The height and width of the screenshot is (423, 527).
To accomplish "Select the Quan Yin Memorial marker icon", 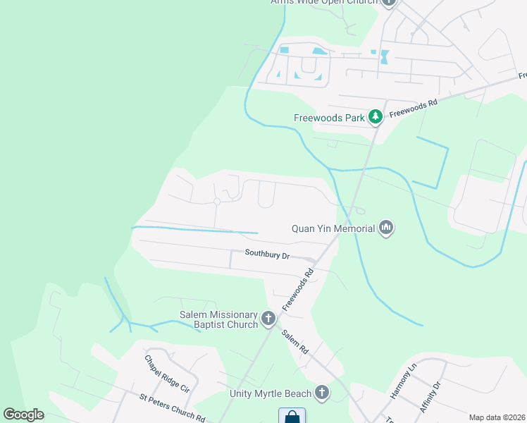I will pyautogui.click(x=385, y=228).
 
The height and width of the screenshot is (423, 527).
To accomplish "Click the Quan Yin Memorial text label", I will pyautogui.click(x=333, y=228).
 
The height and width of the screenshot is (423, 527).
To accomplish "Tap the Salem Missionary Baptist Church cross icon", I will pyautogui.click(x=268, y=319).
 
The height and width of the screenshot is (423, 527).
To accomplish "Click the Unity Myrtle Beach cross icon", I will pyautogui.click(x=322, y=393).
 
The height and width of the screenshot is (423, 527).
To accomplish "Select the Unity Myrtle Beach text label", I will pyautogui.click(x=271, y=393).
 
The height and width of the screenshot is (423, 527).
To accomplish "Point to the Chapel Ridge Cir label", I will pyautogui.click(x=167, y=373).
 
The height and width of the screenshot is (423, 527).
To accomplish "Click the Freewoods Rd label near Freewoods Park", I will pyautogui.click(x=414, y=107).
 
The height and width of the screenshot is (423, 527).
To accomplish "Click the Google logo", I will pyautogui.click(x=23, y=415).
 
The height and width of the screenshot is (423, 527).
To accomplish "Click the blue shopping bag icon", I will pyautogui.click(x=292, y=417).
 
